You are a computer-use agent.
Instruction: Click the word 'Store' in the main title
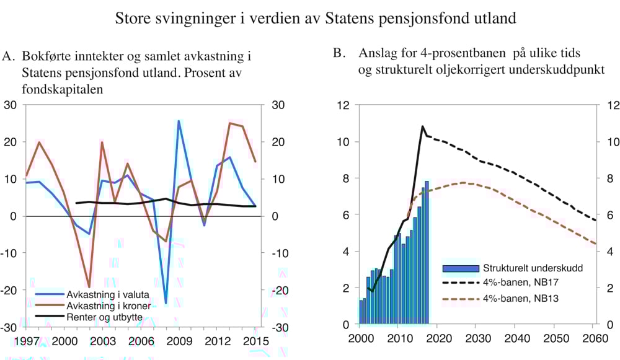point(133,19)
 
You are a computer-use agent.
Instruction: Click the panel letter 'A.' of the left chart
point(9,56)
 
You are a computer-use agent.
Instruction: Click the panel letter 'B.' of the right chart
point(339,53)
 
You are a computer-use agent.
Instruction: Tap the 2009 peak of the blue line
point(179,121)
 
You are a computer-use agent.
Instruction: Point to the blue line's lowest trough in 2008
point(166,302)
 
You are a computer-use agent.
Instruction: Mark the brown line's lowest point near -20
point(89,287)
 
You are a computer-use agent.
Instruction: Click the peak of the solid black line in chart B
point(422,126)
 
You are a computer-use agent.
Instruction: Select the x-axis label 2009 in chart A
point(179,341)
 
